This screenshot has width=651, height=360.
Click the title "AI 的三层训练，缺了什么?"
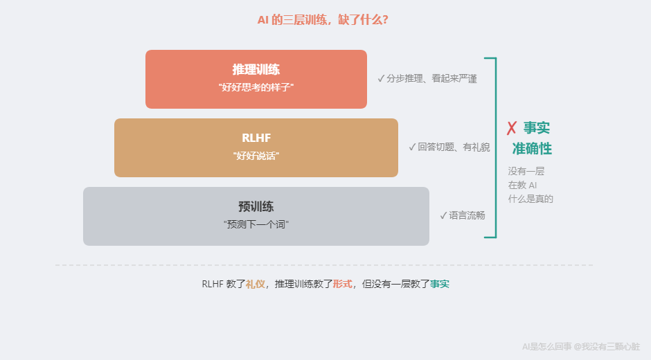323,20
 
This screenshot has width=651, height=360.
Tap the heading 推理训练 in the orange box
256,70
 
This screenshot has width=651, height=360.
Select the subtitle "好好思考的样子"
256,88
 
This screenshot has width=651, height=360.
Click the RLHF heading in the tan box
256,138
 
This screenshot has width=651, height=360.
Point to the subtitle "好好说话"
256,156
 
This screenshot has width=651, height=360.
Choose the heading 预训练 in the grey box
256,206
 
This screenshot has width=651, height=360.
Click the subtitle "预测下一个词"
256,224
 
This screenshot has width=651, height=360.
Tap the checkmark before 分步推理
381,79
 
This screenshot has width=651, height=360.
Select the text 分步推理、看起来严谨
431,79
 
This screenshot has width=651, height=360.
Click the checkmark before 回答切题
412,147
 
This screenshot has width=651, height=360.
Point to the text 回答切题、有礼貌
454,147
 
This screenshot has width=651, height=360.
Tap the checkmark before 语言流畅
443,215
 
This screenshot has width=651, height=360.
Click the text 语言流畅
467,215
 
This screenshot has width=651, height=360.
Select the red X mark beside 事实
512,128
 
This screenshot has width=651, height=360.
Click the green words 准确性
532,149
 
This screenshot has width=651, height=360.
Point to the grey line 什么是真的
530,199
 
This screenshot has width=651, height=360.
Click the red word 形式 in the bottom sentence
342,284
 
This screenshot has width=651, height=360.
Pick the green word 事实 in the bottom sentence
440,284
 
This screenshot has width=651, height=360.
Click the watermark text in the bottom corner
580,346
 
